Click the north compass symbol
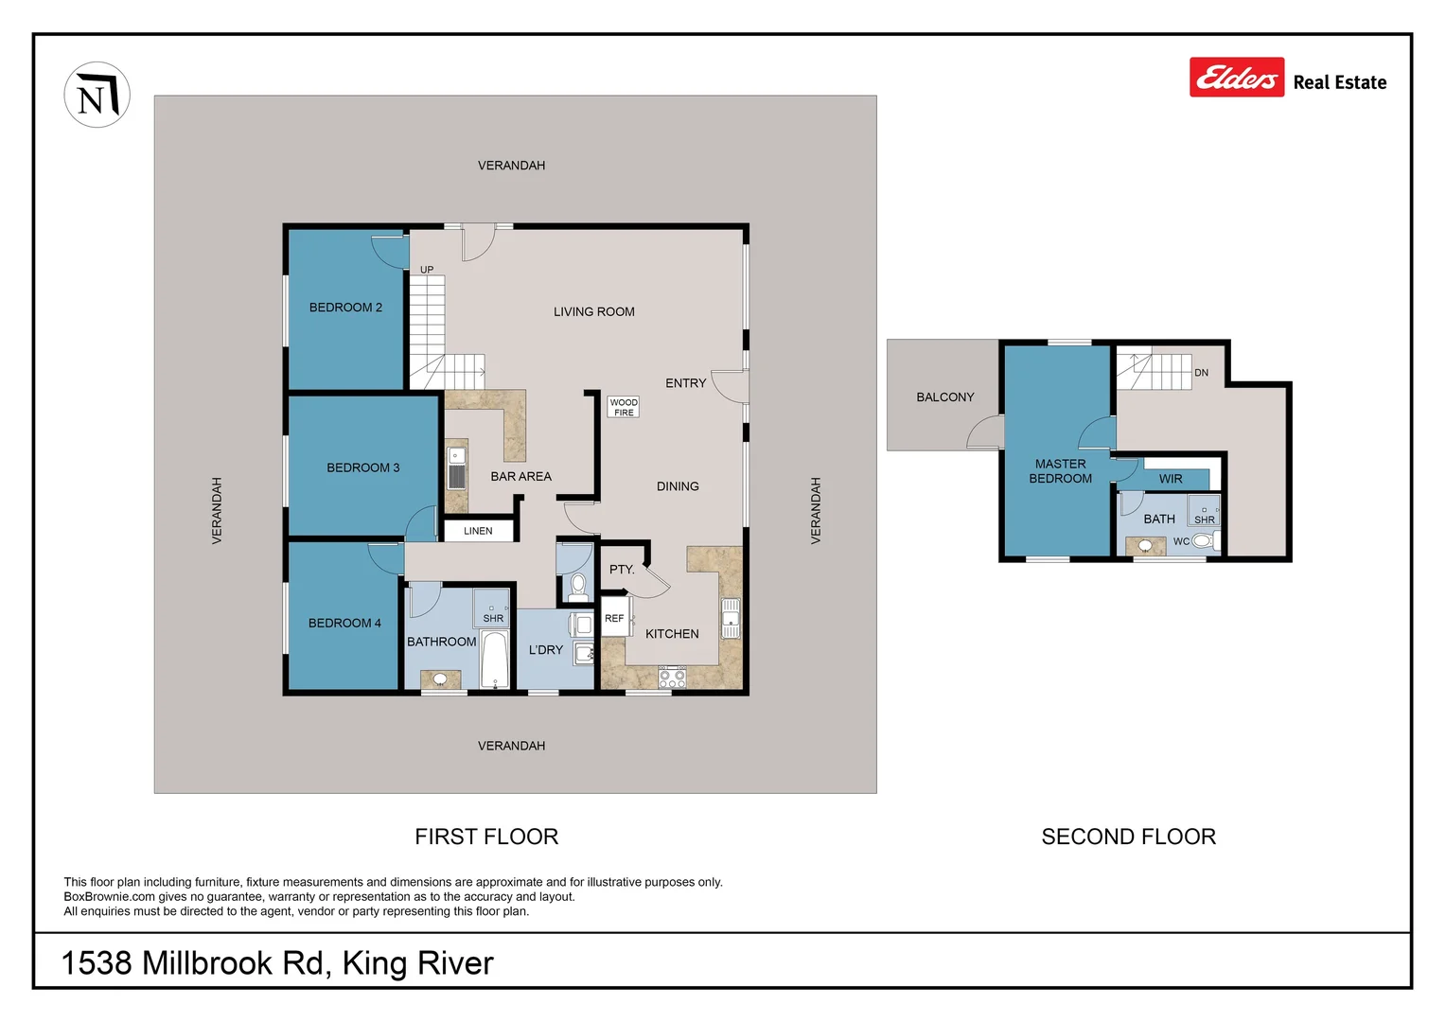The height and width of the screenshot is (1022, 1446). [97, 95]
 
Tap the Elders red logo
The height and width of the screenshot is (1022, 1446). [1236, 78]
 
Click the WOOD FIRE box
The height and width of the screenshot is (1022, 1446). [624, 407]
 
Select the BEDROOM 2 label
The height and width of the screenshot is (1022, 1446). [345, 308]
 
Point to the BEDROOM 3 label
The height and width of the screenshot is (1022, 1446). [362, 467]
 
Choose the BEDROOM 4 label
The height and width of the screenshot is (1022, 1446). [344, 623]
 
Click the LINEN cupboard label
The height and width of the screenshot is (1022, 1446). [478, 531]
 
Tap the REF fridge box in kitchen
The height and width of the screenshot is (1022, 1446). [614, 618]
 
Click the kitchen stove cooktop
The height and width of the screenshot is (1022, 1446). [672, 677]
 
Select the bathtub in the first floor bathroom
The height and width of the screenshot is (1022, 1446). [495, 660]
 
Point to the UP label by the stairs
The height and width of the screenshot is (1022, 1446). [427, 270]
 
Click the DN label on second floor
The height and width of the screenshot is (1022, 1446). [1201, 373]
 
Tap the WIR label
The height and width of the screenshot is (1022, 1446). [1171, 479]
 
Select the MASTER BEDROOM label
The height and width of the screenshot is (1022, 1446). [1060, 471]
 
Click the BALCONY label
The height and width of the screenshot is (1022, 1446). [944, 397]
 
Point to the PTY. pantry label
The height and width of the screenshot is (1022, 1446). [622, 570]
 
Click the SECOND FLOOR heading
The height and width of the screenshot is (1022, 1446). [1128, 837]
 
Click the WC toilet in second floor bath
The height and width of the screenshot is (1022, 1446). [1202, 541]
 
